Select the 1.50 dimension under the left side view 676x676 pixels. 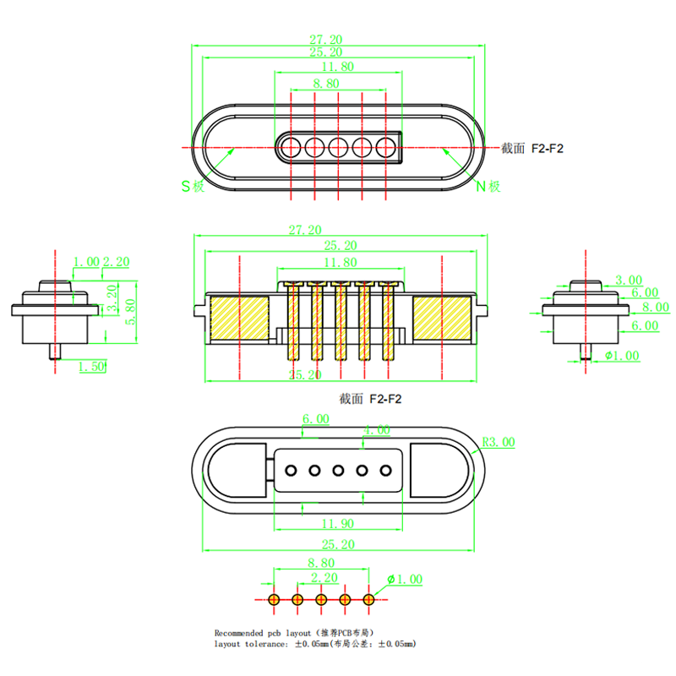91,367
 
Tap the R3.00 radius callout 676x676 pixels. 498,442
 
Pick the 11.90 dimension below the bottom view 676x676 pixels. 338,524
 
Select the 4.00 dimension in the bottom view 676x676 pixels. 376,430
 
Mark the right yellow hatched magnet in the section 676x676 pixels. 441,319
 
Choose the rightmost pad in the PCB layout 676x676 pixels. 368,599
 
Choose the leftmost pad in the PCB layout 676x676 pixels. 274,599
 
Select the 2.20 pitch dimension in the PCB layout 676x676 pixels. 324,578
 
